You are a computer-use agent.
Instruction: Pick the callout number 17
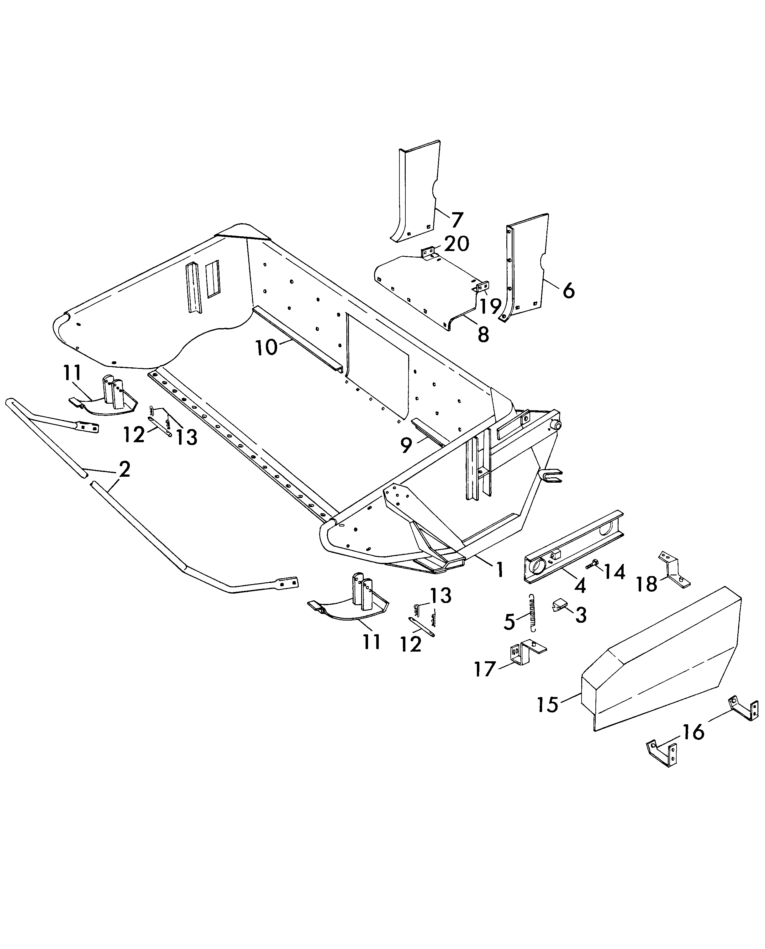tap(485, 670)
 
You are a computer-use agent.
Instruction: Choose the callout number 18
tap(646, 584)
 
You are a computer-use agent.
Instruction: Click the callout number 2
tap(125, 470)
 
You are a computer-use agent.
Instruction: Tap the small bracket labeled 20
tap(429, 254)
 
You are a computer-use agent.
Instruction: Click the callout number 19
tap(490, 306)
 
